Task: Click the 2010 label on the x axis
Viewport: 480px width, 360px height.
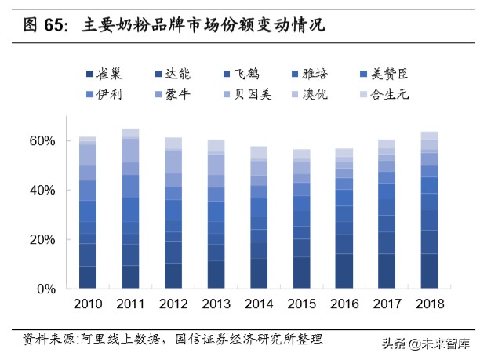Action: (x=88, y=304)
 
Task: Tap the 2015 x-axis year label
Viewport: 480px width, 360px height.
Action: (x=301, y=304)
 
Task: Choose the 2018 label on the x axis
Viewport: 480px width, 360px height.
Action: (x=429, y=304)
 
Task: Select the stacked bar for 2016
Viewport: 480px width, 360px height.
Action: (x=344, y=219)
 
